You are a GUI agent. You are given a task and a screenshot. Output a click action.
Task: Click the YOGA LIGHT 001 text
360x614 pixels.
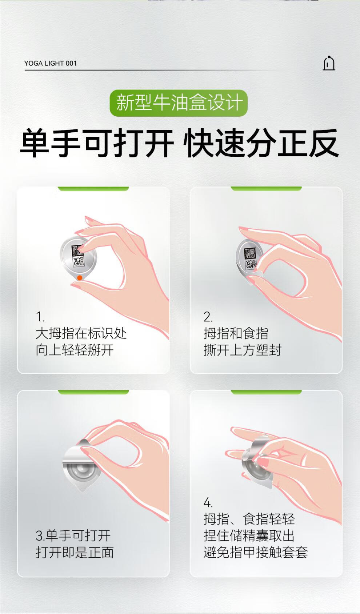point(51,63)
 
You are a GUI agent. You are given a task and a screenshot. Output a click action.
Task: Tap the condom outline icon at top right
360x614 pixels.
point(329,63)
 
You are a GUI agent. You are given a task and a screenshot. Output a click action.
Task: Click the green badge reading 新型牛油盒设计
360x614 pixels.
point(179,103)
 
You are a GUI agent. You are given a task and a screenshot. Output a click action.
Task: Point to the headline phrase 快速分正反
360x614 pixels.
point(261,143)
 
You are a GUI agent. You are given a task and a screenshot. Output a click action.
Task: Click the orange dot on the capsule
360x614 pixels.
point(80,278)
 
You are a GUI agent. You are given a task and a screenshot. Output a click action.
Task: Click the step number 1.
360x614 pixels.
point(40,317)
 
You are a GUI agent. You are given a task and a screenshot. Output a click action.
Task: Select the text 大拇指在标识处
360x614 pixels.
point(81,333)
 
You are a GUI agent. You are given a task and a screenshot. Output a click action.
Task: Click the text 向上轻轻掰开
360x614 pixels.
point(75,350)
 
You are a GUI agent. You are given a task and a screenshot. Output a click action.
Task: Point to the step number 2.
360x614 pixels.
point(208,317)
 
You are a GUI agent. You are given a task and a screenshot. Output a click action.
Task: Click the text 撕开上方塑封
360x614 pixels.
point(243,350)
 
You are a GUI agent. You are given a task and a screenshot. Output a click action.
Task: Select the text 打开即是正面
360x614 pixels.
point(75,552)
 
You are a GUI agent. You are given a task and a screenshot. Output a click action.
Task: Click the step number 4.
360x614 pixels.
point(208,502)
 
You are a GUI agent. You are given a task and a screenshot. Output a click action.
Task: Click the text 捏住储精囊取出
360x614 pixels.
point(249,535)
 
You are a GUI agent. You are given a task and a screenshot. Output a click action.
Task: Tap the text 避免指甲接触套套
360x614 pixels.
point(256,552)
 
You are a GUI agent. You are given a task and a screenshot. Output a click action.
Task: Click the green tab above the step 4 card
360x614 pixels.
point(266,392)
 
